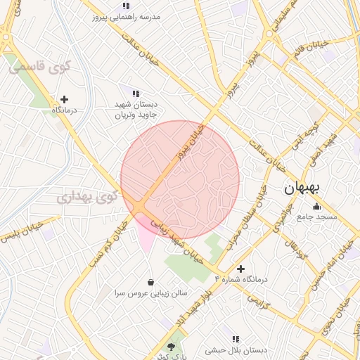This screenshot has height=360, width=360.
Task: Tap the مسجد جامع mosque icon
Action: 316,207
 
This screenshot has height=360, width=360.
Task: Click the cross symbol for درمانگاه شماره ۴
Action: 241,269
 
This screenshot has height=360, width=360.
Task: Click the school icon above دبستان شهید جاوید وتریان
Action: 136,93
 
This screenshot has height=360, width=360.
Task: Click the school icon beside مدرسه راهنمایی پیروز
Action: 126,6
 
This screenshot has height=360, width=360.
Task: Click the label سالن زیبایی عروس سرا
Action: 150,292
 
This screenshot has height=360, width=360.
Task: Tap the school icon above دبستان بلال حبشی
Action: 235,339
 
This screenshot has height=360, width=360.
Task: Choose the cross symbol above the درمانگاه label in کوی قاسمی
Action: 65,100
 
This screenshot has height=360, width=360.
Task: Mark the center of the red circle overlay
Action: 180,180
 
